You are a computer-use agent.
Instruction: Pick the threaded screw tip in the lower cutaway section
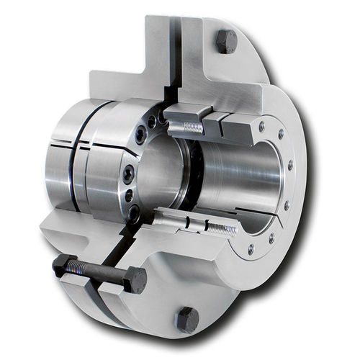coord(221,229)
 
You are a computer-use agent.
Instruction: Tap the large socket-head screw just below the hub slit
coord(126,172)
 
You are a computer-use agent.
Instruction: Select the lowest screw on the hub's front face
coord(135,212)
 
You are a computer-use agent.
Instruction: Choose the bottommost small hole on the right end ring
coord(251,250)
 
